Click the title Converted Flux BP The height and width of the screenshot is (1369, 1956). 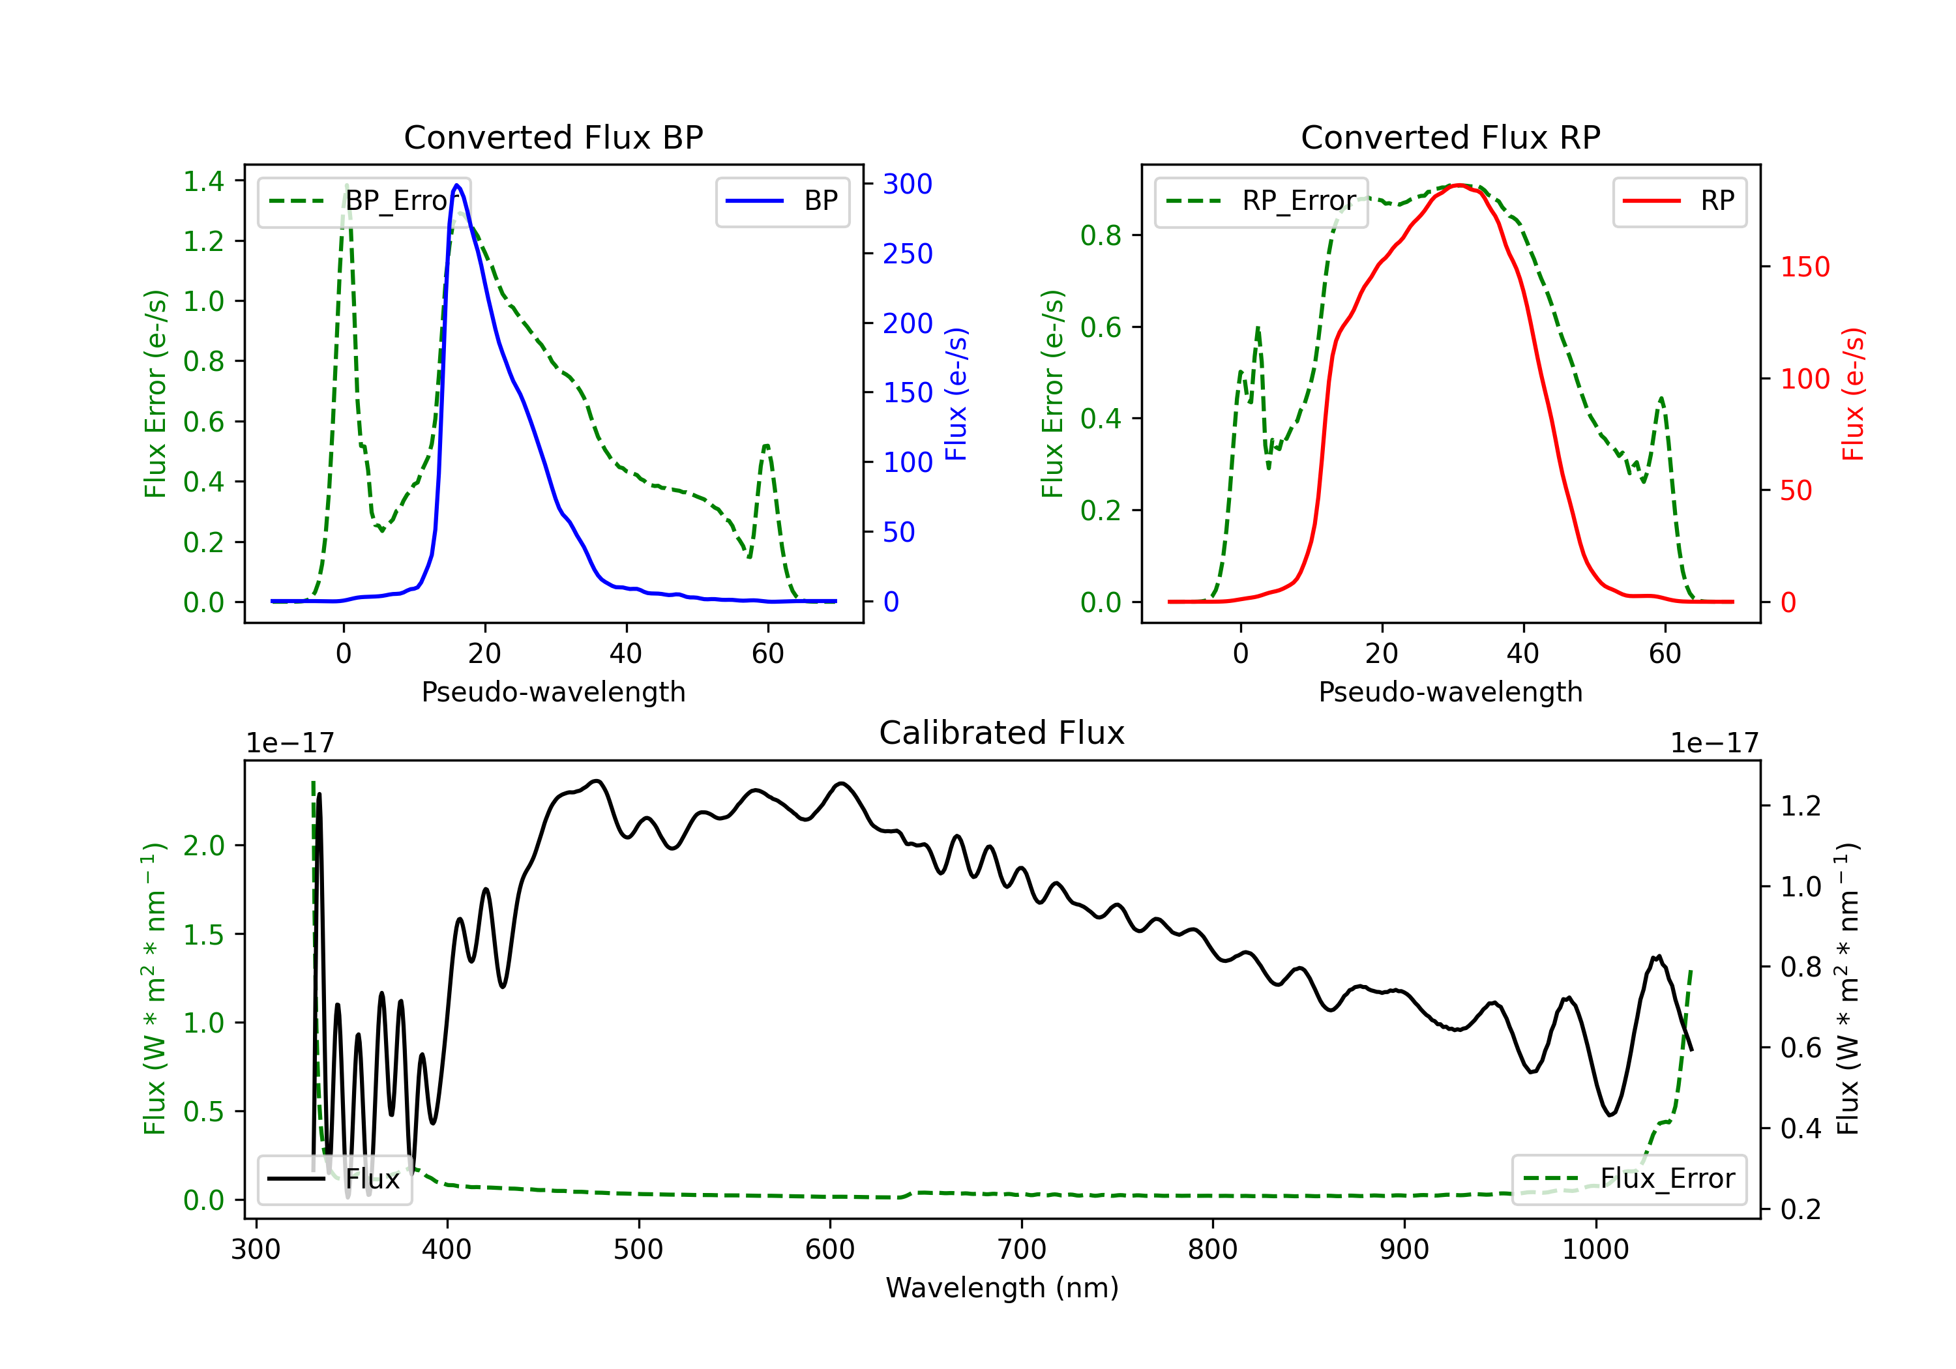pos(554,137)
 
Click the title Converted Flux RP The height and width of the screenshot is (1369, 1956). pos(1451,137)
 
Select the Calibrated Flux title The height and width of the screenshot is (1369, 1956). pos(1002,733)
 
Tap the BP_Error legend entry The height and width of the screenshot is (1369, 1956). pos(364,201)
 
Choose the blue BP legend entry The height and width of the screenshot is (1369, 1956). pos(782,201)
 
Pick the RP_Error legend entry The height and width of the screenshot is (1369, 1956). pos(1261,201)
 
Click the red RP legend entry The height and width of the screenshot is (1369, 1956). pos(1679,201)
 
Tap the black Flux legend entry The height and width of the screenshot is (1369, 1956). pos(334,1179)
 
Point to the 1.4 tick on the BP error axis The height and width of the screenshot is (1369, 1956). pos(203,181)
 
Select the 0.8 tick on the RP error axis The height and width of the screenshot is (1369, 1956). pos(1101,236)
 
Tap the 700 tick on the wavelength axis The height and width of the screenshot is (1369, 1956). pos(1022,1250)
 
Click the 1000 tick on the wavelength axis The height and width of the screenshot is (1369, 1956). pos(1595,1250)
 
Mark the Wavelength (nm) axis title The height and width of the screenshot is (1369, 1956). pos(1002,1288)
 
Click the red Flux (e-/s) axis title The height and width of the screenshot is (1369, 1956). pos(1854,394)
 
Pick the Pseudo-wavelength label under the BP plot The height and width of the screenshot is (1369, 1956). pos(554,692)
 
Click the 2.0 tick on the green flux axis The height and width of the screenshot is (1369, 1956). pos(203,846)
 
